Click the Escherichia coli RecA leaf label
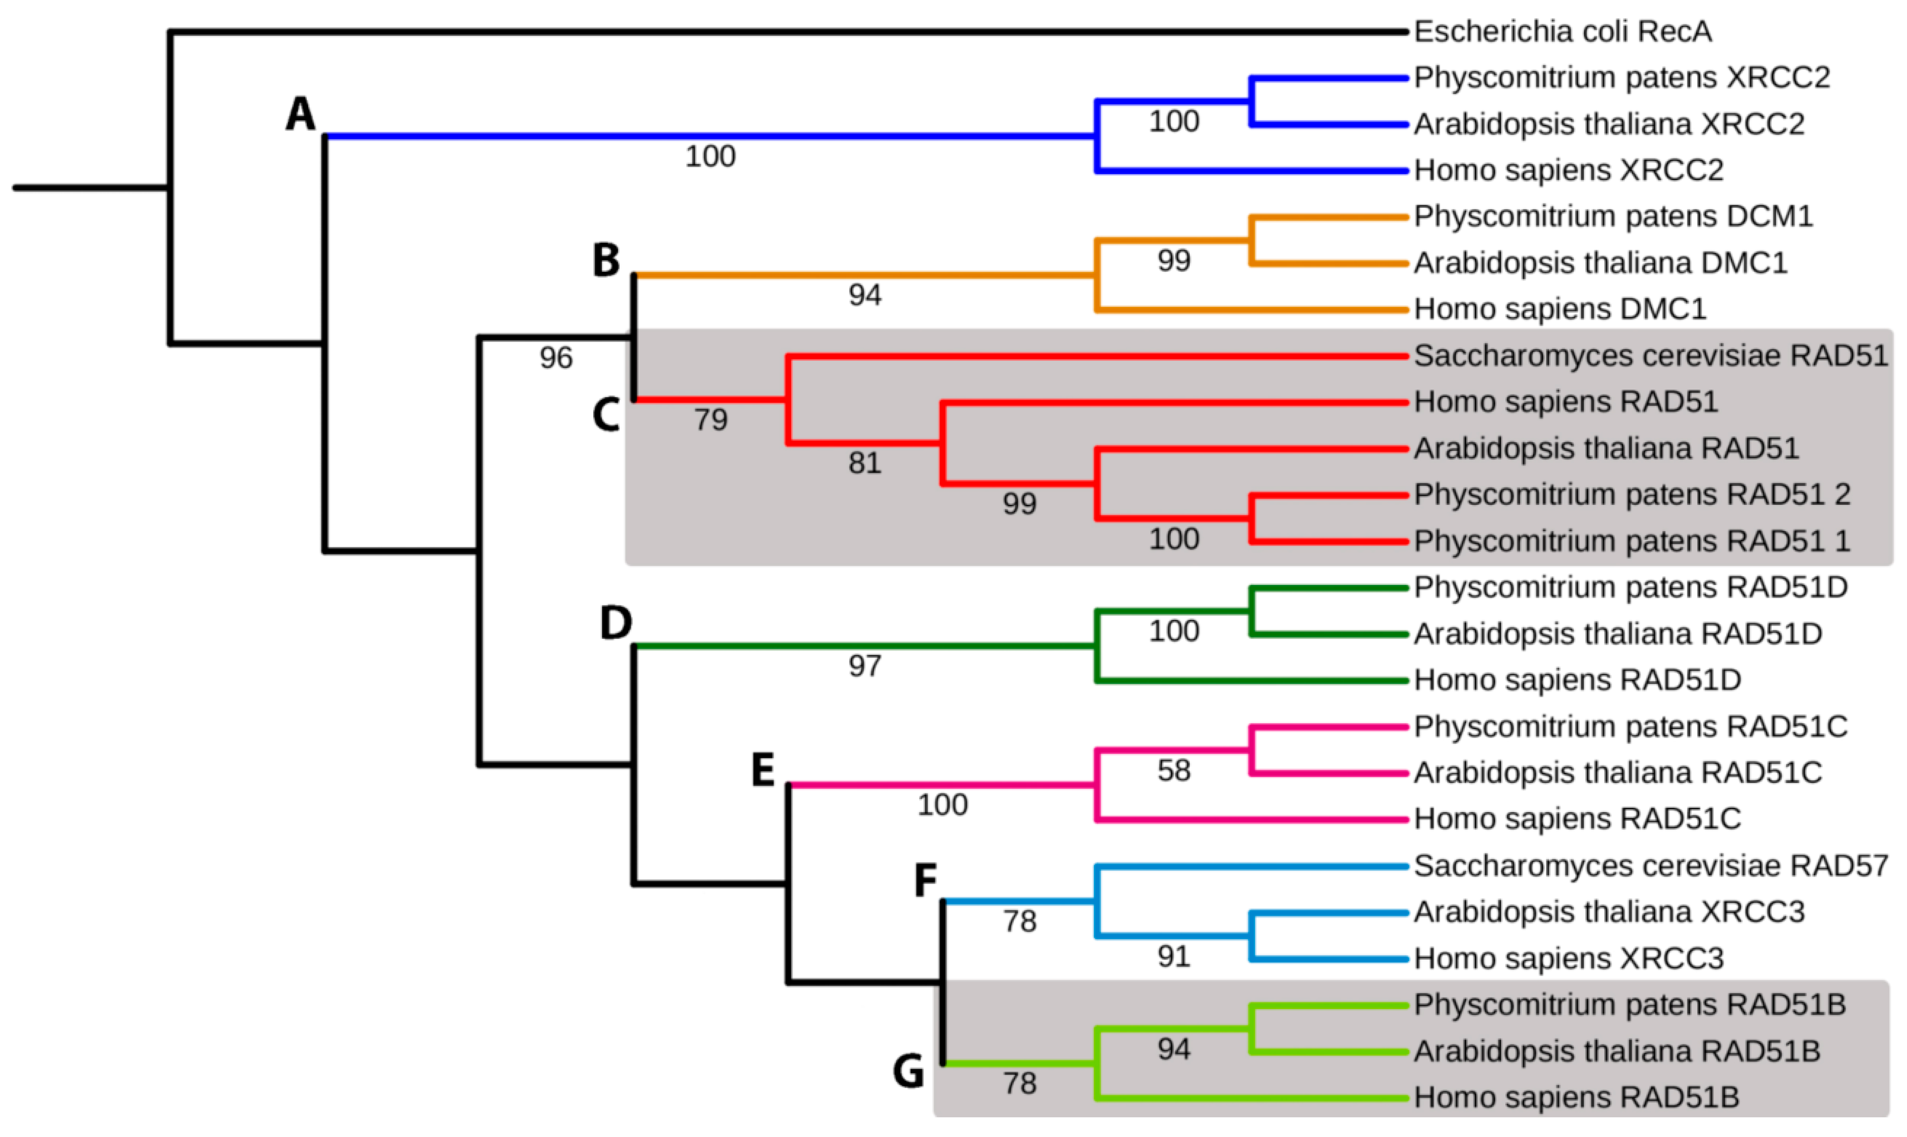[1562, 32]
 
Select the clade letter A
[300, 115]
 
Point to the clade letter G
[909, 1070]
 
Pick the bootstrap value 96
[556, 358]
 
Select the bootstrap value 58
[1174, 771]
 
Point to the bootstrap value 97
[865, 666]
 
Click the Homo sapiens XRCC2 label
[1569, 170]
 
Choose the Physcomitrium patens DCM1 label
[1614, 216]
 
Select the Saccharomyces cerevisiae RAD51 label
[1651, 356]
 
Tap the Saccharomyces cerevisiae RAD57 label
[1651, 866]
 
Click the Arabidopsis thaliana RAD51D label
[1618, 634]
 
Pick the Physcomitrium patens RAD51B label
[1630, 1004]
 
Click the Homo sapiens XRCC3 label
[1569, 958]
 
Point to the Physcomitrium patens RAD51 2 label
[1632, 494]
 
